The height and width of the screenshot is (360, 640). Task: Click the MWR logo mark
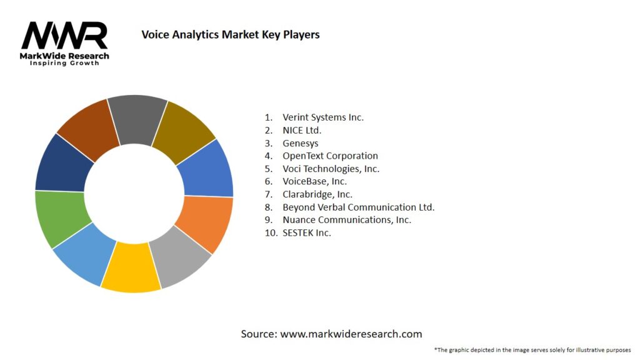click(64, 36)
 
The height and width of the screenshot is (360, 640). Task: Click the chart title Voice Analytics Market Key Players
click(231, 35)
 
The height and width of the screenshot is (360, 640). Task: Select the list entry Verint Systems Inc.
click(322, 117)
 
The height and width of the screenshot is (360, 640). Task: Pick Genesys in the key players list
click(300, 143)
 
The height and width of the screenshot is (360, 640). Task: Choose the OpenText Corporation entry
click(330, 156)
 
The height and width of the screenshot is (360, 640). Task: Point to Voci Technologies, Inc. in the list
click(331, 169)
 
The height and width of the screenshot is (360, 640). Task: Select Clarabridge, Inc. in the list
click(317, 194)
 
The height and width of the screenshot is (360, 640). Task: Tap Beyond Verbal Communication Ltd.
click(358, 207)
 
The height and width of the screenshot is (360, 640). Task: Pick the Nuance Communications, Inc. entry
click(347, 220)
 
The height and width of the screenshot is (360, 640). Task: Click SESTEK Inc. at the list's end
click(307, 232)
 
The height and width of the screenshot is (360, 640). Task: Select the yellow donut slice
click(131, 268)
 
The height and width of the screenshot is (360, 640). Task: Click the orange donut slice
click(205, 222)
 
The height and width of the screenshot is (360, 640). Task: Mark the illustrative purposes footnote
click(532, 350)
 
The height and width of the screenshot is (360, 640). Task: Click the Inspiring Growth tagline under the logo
click(64, 64)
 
